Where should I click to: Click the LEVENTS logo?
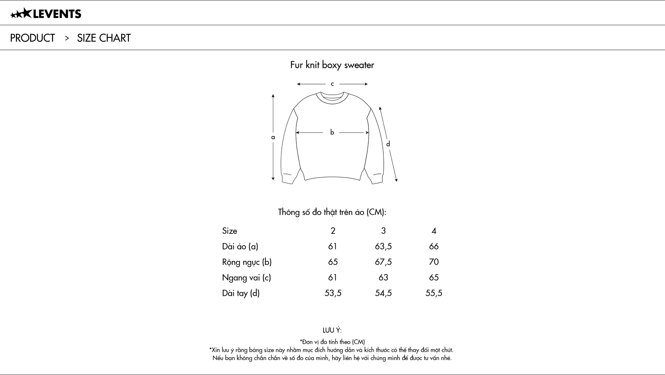tap(46, 14)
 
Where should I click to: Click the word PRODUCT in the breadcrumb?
tap(33, 38)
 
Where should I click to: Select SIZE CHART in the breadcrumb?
tap(104, 38)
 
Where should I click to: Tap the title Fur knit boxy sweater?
tap(332, 65)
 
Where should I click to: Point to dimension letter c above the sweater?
tap(332, 84)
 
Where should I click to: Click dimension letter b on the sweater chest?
tap(332, 132)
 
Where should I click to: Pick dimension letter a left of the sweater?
tap(273, 137)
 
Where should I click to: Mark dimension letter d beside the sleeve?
tap(388, 144)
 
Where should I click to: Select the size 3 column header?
tap(383, 231)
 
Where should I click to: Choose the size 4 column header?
tap(434, 231)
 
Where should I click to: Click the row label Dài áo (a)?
tap(240, 246)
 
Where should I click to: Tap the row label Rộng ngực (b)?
tap(247, 262)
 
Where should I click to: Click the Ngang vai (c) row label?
tap(246, 278)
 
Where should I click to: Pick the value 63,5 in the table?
tap(383, 246)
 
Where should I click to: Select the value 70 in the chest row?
tap(434, 262)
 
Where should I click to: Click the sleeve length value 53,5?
tap(333, 293)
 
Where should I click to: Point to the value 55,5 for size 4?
tap(434, 293)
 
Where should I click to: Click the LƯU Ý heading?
tap(332, 330)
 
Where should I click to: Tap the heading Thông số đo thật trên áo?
tap(332, 212)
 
